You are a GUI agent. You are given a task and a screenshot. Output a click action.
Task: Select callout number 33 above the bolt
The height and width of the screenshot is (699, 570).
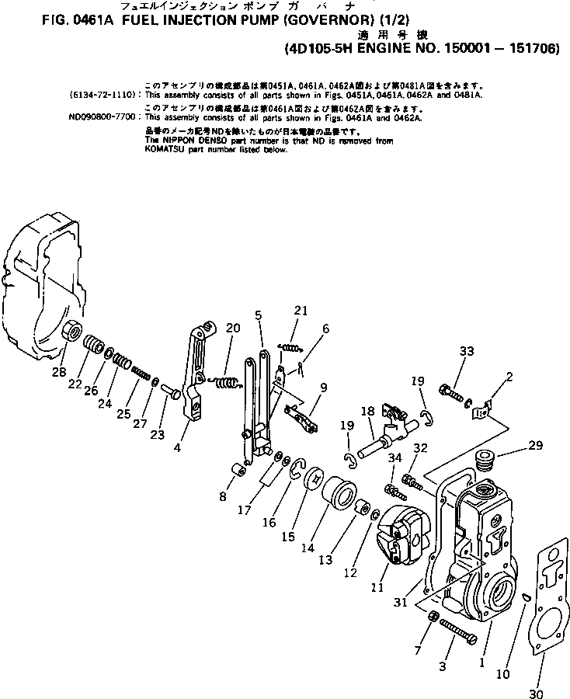pyautogui.click(x=466, y=352)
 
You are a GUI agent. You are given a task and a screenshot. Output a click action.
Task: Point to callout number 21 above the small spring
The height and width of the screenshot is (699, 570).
pyautogui.click(x=301, y=311)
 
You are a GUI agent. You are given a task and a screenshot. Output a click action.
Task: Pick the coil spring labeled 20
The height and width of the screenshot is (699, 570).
pyautogui.click(x=226, y=381)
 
